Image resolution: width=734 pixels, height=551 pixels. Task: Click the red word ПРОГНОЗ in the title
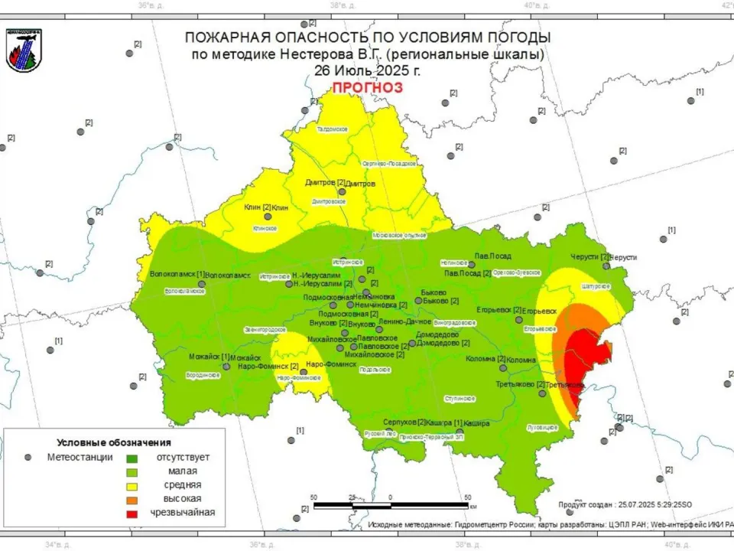pyautogui.click(x=366, y=87)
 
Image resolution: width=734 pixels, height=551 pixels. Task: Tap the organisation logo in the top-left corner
pyautogui.click(x=24, y=51)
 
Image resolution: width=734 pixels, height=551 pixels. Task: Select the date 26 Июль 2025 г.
pyautogui.click(x=366, y=70)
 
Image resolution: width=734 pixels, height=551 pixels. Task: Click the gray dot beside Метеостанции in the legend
pyautogui.click(x=28, y=457)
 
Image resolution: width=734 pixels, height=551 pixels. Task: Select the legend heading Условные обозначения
pyautogui.click(x=114, y=442)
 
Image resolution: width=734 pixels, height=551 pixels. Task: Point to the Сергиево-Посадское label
pyautogui.click(x=388, y=164)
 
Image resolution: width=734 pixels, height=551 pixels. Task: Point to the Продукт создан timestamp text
pyautogui.click(x=625, y=504)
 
